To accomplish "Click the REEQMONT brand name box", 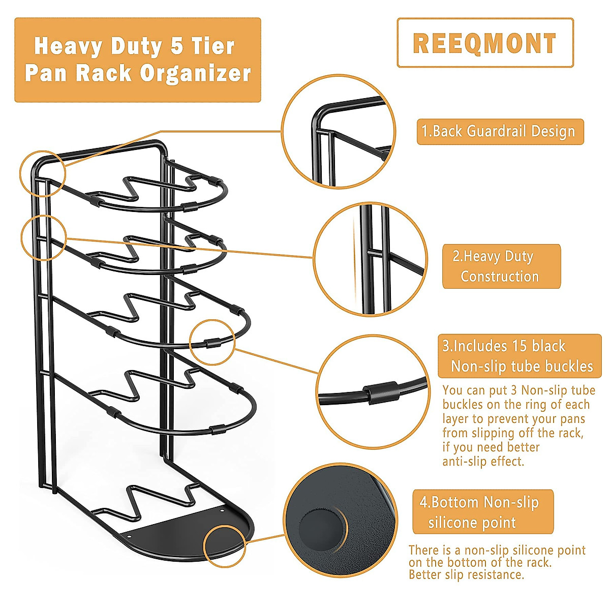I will [485, 43].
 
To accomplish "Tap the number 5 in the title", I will [176, 46].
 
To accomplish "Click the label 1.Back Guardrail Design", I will [500, 132].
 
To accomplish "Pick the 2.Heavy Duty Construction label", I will [501, 266].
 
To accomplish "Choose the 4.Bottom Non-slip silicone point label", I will [482, 512].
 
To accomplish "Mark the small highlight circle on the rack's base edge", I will [224, 546].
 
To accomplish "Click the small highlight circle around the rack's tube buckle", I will [212, 342].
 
